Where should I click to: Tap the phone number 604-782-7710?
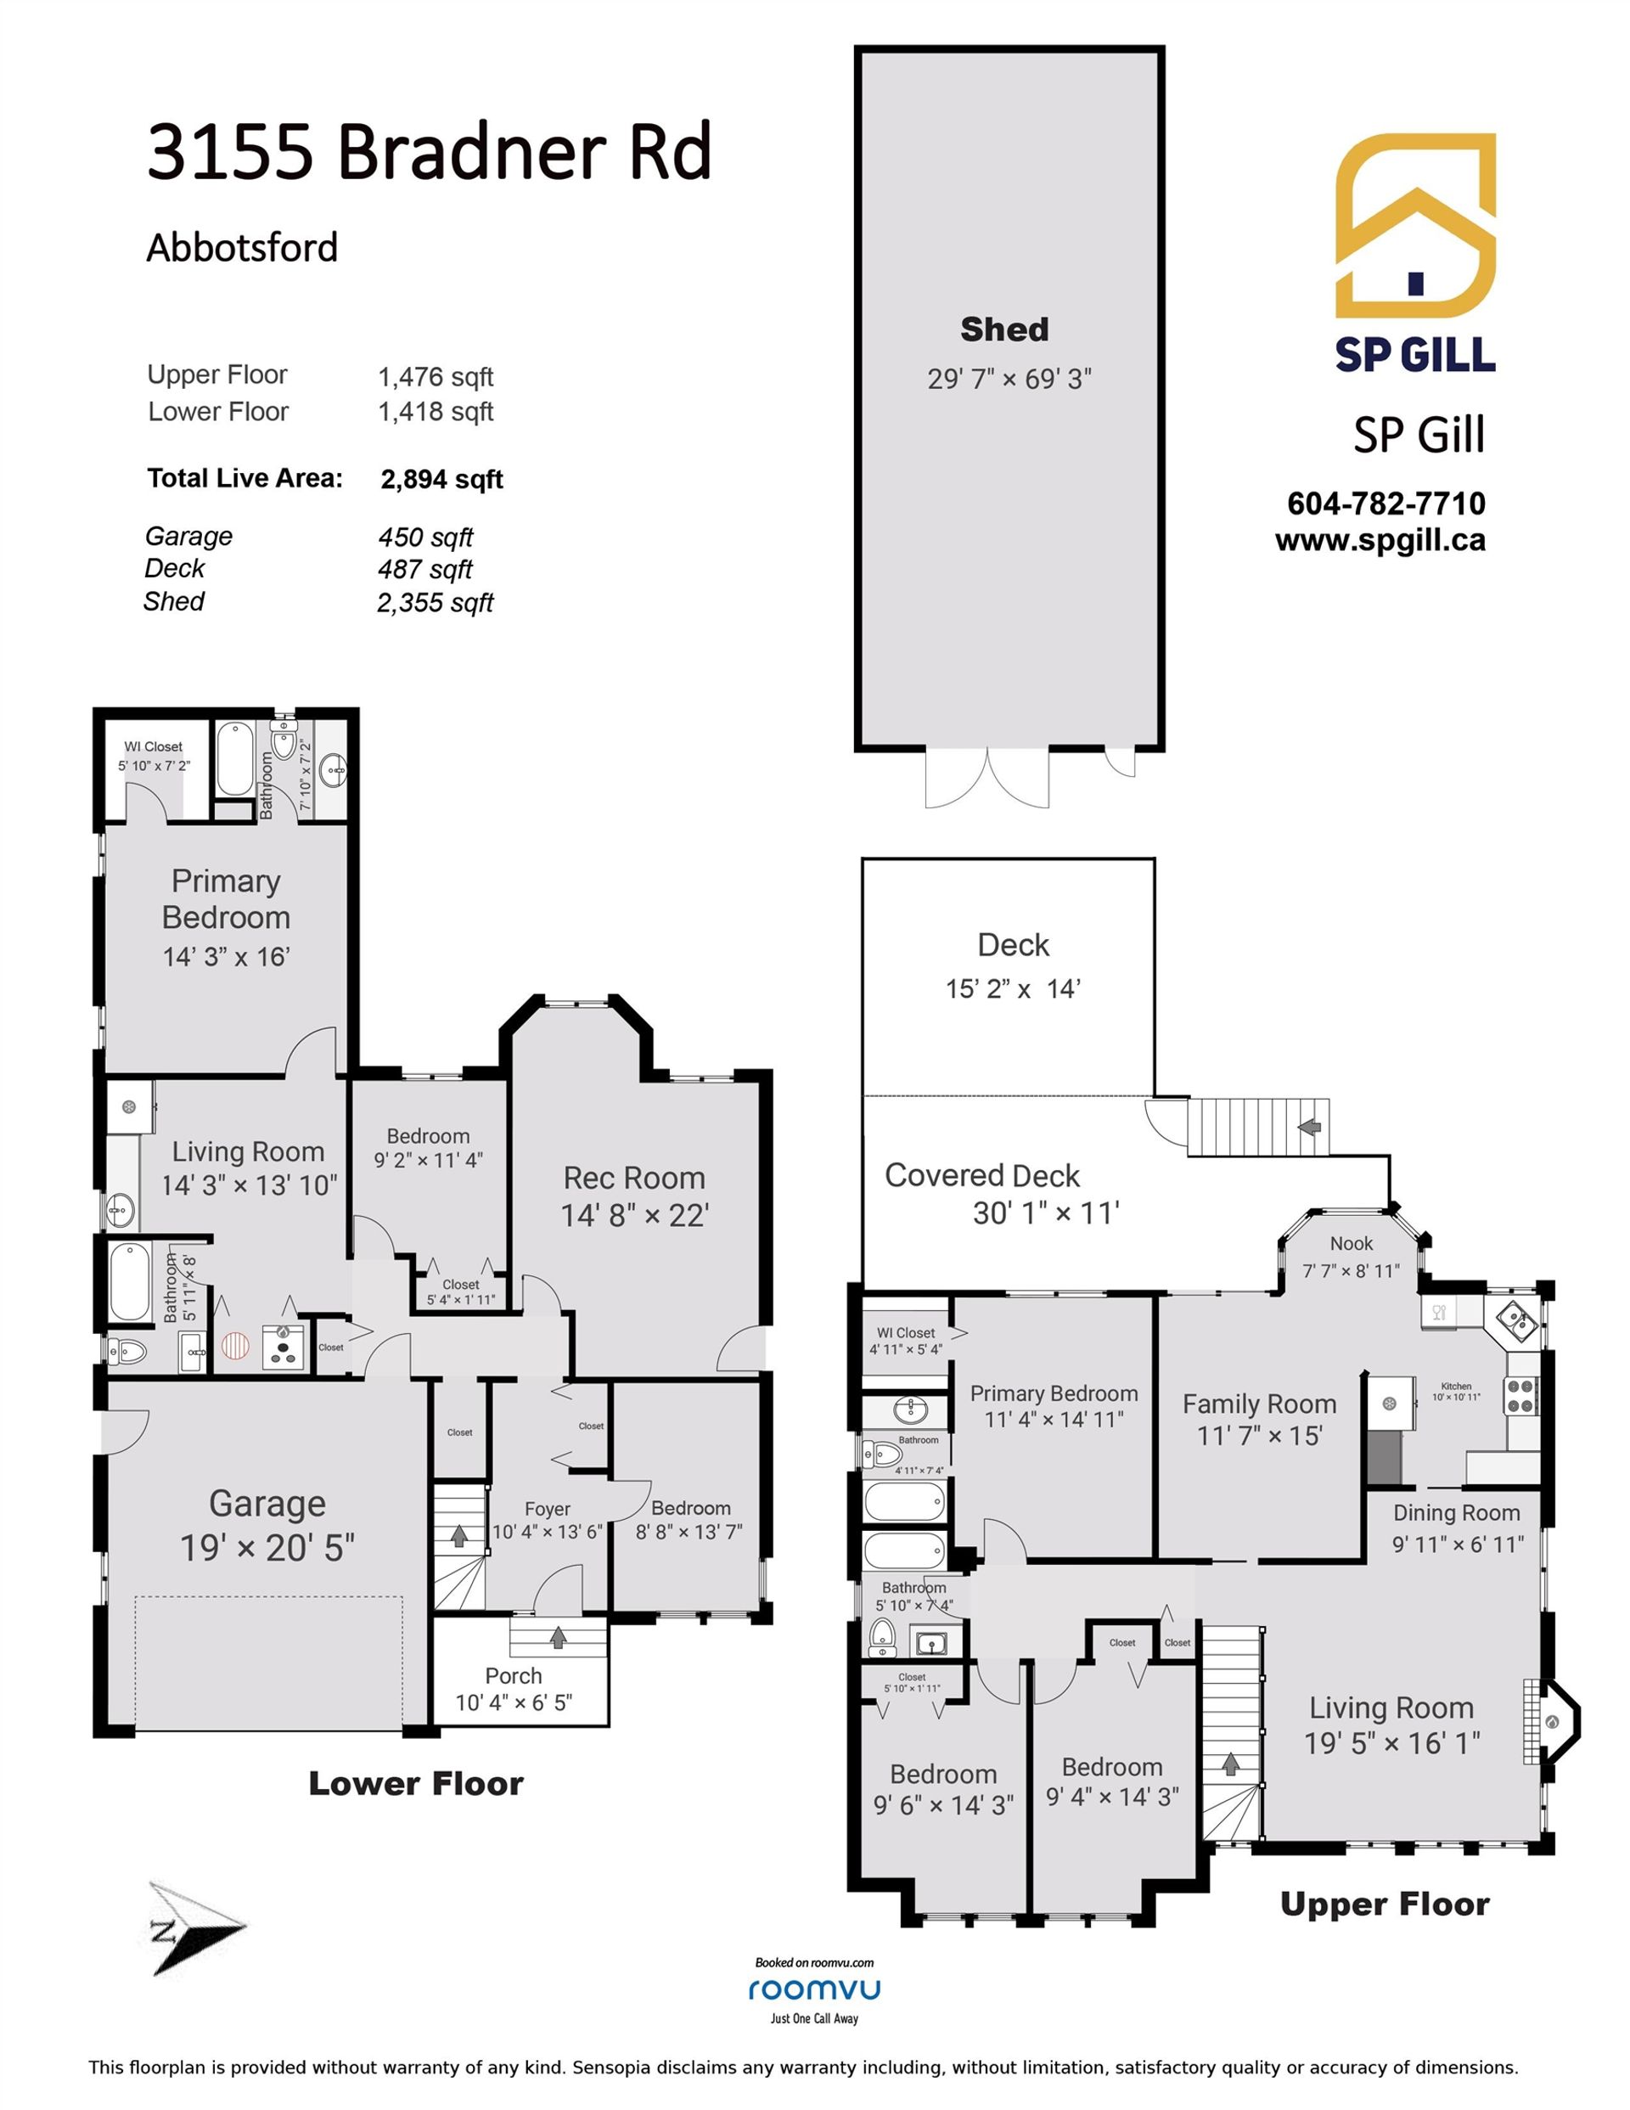pos(1386,504)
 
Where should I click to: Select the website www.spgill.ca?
pos(1380,540)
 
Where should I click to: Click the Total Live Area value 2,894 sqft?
pos(441,479)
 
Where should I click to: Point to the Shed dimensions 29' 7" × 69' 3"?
pos(1009,379)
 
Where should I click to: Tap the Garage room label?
pos(267,1505)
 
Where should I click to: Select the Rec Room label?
pos(634,1178)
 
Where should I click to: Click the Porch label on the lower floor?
pos(513,1675)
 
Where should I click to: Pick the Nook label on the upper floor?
pos(1351,1243)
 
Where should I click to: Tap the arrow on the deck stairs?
pos(1309,1127)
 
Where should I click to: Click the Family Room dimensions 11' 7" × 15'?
pos(1259,1436)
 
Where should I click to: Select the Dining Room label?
pos(1456,1513)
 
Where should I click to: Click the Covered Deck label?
pos(981,1175)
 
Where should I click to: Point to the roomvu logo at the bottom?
pos(814,1989)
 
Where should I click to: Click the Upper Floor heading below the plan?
pos(1385,1905)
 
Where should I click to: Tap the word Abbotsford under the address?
pos(242,247)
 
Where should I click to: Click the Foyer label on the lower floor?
pos(547,1508)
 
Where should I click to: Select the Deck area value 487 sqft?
pos(425,569)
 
